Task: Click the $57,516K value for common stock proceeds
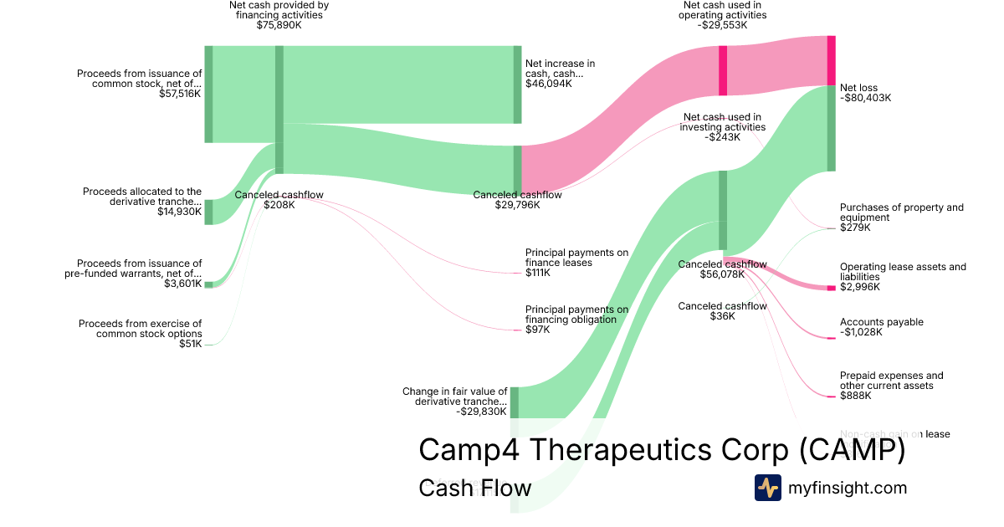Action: pos(180,94)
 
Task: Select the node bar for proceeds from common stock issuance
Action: pos(208,94)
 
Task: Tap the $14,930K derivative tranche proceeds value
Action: pos(179,212)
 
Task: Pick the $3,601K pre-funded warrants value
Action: pos(183,284)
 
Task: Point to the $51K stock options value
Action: pos(191,344)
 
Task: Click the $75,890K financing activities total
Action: pos(279,25)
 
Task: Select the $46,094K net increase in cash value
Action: pos(549,84)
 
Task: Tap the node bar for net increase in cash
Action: pos(517,84)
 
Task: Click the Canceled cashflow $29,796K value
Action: pos(517,205)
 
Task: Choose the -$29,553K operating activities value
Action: pos(723,25)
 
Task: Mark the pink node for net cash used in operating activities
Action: pos(723,70)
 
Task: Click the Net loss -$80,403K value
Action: pos(866,98)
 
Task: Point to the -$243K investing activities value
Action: pos(722,137)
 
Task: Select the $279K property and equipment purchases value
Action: pos(855,228)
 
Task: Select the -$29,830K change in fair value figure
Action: pos(481,412)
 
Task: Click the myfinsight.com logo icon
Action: pos(767,488)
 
